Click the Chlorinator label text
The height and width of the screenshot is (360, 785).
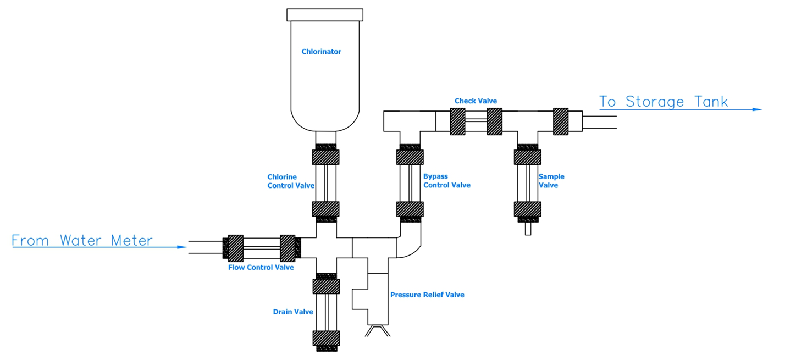pos(321,52)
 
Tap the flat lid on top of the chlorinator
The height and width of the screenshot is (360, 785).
pos(325,15)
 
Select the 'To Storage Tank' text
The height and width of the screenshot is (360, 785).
pos(664,102)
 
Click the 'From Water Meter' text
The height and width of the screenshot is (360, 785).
pos(82,241)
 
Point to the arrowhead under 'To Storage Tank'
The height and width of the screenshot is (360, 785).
pos(757,109)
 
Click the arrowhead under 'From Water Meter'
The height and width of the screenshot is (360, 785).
pos(183,247)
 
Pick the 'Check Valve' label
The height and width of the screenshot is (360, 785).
pos(476,101)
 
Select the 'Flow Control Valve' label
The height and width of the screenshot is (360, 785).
pos(261,268)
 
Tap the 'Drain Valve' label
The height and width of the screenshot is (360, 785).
pos(293,312)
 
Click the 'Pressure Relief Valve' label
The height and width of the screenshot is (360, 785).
pos(427,295)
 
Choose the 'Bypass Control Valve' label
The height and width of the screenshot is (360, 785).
pos(446,181)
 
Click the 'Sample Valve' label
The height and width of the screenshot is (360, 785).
pos(551,181)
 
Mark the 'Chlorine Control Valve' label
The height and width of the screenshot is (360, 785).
pos(291,181)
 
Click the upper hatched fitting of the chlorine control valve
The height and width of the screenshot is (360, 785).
pos(325,157)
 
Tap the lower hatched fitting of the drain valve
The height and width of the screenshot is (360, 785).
pos(325,337)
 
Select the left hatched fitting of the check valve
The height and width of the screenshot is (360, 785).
pos(458,121)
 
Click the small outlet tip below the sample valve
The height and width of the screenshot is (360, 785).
pos(528,229)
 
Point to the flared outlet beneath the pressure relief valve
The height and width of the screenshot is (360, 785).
pos(378,330)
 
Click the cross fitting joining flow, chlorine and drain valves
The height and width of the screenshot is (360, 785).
pos(325,248)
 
